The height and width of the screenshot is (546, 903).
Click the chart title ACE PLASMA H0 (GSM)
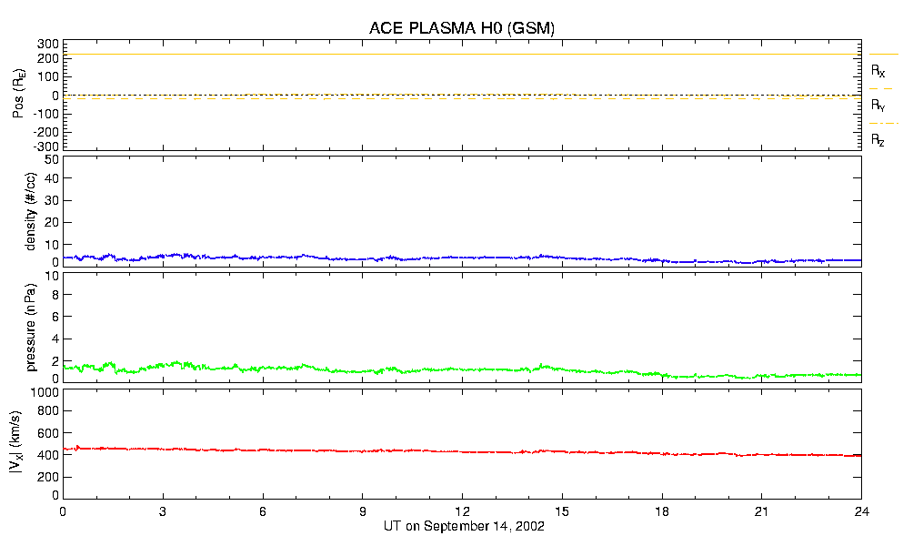(x=462, y=28)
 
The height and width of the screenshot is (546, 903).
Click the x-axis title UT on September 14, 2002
(x=462, y=526)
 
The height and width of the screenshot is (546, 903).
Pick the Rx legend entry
(x=878, y=70)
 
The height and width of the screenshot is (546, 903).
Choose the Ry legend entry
(x=878, y=106)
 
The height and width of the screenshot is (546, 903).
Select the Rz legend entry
(x=878, y=140)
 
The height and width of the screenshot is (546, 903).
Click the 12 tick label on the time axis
(x=462, y=511)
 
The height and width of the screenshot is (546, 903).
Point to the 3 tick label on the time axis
(x=163, y=511)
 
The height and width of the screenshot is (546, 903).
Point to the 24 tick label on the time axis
(x=862, y=511)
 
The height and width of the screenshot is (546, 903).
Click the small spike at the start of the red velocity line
(x=76, y=447)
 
